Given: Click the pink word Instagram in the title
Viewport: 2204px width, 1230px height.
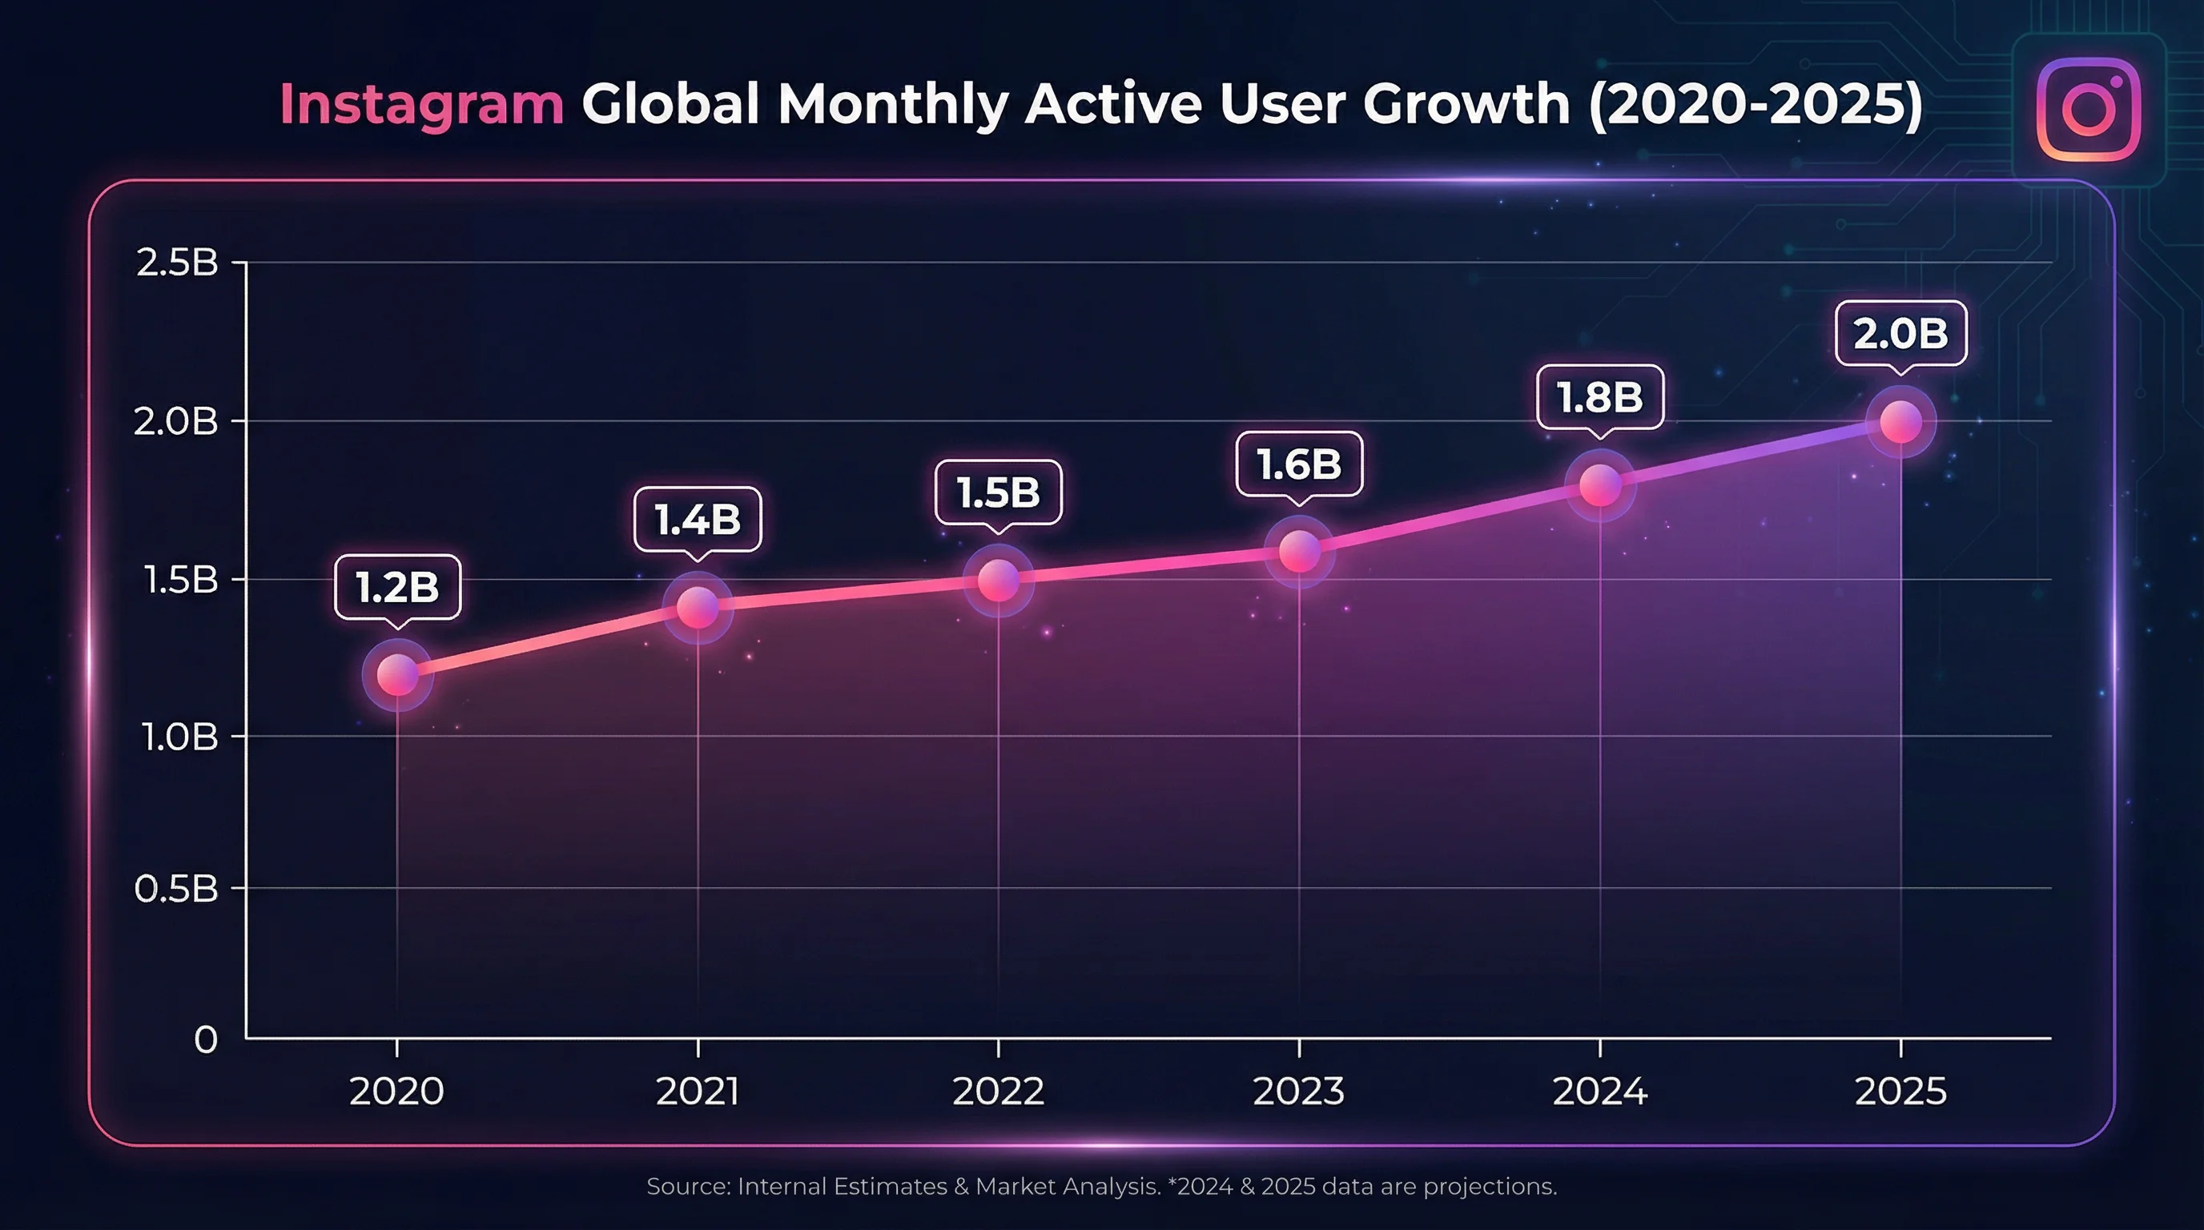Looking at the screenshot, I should [421, 104].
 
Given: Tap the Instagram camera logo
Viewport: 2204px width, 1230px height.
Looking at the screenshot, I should [2089, 109].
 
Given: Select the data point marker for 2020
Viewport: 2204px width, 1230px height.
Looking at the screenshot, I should [398, 675].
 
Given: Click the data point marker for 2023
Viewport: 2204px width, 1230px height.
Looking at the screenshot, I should [1299, 552].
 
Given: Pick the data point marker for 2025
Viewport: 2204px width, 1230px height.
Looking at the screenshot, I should [1900, 423].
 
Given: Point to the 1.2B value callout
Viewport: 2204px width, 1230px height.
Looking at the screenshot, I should [398, 587].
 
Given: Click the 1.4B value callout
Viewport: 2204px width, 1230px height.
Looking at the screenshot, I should [698, 519].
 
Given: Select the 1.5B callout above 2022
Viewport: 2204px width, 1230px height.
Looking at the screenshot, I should [999, 492].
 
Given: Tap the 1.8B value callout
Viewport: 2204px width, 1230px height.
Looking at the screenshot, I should [1600, 397].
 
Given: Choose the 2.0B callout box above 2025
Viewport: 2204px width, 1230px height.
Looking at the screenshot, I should [1900, 333].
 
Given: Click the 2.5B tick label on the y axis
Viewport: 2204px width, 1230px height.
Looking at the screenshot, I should [177, 263].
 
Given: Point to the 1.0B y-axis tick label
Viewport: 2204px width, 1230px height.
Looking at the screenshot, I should [179, 737].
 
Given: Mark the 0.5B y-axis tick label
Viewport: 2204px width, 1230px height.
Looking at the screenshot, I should [176, 890].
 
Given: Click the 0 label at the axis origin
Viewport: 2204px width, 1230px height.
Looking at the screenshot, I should [206, 1040].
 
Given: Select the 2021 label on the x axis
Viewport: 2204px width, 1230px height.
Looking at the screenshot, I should [698, 1091].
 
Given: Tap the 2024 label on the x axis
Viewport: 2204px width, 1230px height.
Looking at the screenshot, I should [1600, 1091].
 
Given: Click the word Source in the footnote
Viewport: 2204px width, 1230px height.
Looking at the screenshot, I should [688, 1187].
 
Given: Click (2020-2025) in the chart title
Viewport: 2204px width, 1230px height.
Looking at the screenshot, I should [1756, 104].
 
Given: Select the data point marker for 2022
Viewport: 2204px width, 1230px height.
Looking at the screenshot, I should [999, 581].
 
